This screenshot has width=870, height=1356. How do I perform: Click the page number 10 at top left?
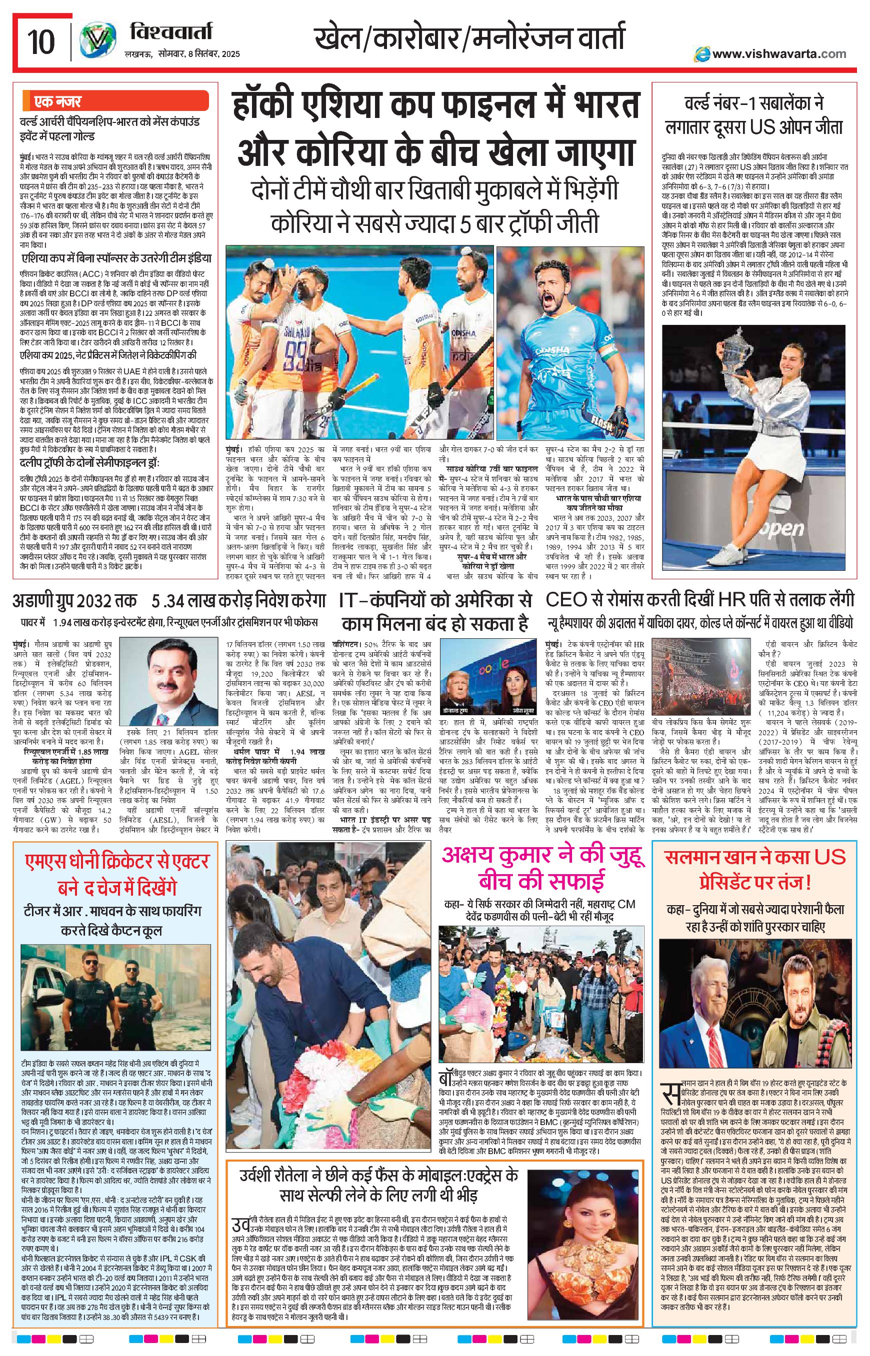click(41, 40)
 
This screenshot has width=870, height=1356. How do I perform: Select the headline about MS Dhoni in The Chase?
click(116, 874)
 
